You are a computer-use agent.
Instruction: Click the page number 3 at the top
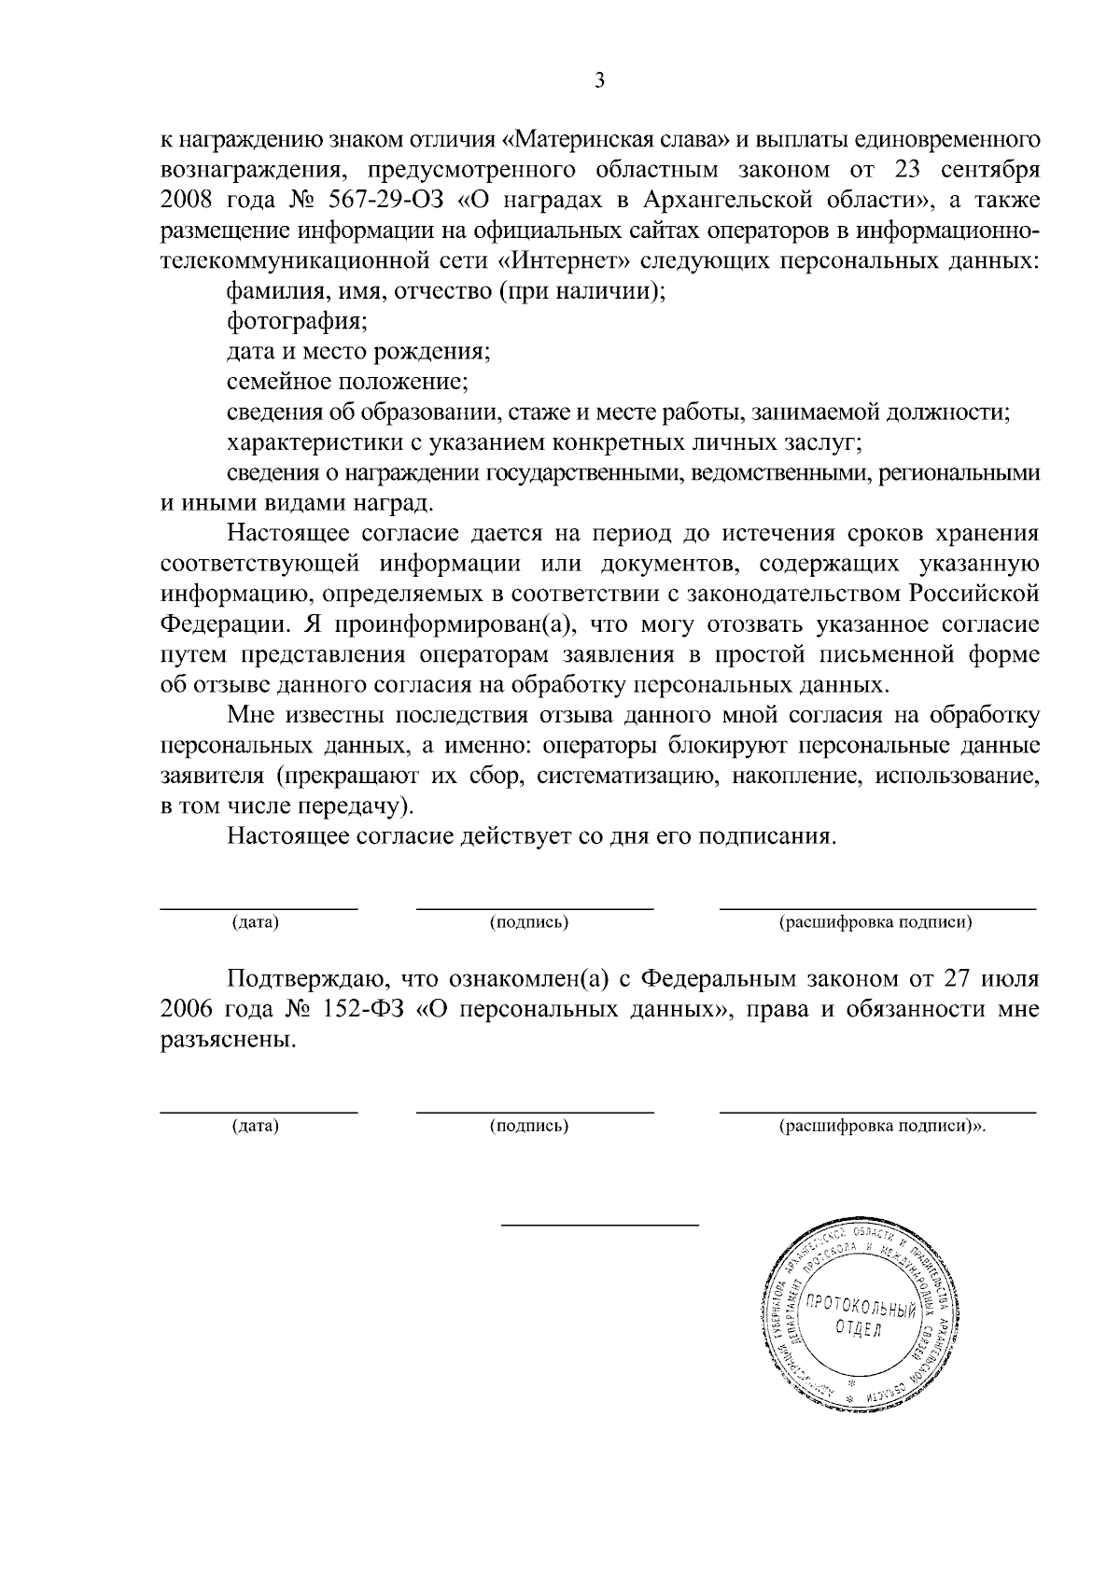coord(599,81)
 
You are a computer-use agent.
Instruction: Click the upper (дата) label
coord(256,923)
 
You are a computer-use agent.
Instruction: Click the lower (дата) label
coord(256,1126)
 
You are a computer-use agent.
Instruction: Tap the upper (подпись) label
coord(529,923)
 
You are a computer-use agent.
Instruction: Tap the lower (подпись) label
coord(529,1126)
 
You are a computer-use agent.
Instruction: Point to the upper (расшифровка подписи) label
coord(875,923)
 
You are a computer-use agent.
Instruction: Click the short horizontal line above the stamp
coord(600,1225)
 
